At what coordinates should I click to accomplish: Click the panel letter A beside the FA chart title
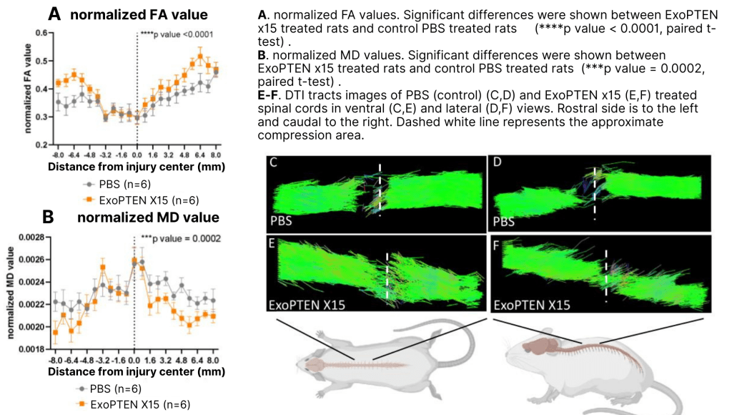point(54,14)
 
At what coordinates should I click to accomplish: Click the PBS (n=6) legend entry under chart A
point(110,183)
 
